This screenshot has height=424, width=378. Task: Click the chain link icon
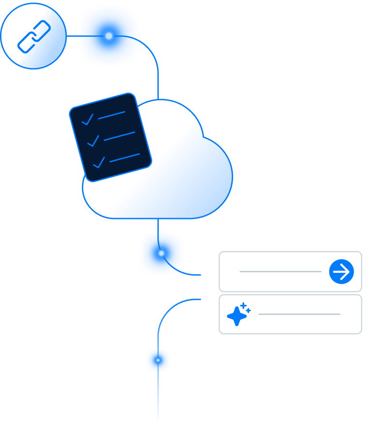point(34,36)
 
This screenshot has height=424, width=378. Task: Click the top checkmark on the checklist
point(87,120)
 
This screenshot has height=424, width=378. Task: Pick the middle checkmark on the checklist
point(93,141)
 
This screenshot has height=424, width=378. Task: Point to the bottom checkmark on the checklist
point(99,162)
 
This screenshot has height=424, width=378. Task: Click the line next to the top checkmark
point(111,115)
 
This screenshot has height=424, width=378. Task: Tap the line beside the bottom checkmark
point(125,157)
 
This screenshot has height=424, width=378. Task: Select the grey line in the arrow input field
point(280,271)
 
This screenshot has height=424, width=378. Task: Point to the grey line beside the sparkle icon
point(299,314)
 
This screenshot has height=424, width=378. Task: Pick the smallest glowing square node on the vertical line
point(158,360)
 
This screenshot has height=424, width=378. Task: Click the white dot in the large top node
point(109,35)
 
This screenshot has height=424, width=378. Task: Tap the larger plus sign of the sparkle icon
point(243,306)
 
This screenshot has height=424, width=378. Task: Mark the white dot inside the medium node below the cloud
point(161,253)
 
